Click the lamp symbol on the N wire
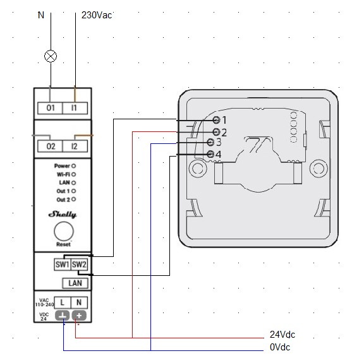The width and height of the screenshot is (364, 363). (51, 56)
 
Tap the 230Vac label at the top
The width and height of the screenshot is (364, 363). (97, 15)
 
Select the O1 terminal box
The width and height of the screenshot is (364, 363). (50, 108)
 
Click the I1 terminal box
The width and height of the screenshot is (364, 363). (75, 108)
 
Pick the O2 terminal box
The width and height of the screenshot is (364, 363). (50, 146)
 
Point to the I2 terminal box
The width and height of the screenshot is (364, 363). (75, 146)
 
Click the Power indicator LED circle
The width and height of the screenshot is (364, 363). (73, 166)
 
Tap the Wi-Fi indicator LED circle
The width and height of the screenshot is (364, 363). (73, 174)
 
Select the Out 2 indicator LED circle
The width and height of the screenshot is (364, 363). (73, 199)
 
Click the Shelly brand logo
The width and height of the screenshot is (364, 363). (63, 215)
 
